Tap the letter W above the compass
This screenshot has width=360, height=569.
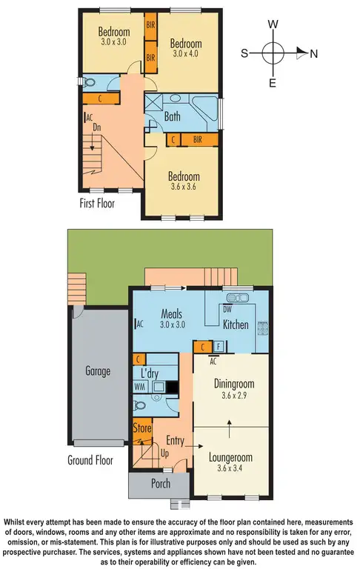tap(273, 24)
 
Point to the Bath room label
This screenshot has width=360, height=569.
tap(173, 116)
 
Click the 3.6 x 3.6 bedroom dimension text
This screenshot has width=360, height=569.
tap(183, 188)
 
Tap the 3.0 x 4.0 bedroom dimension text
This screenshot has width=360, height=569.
tap(185, 54)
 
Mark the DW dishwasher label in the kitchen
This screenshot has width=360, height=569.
tap(228, 309)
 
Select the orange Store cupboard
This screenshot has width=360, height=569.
tap(142, 428)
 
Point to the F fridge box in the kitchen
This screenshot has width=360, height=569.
tap(219, 345)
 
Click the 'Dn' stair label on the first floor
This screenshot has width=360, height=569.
tap(97, 127)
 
